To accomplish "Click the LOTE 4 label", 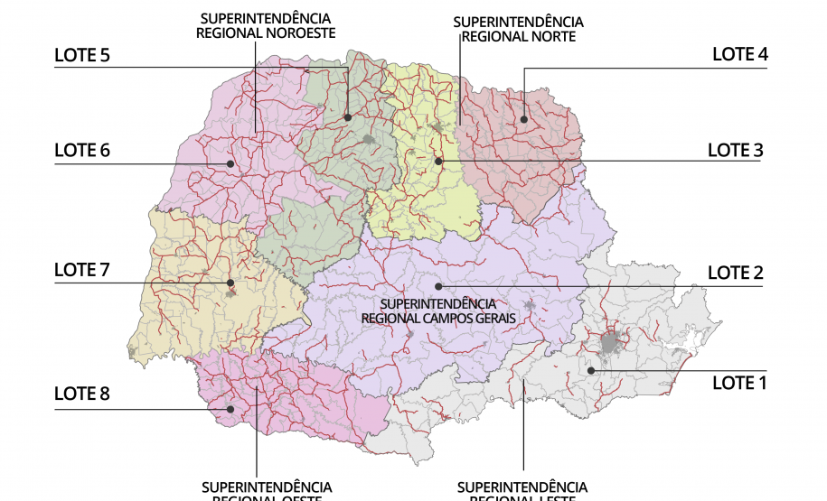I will click(x=739, y=54).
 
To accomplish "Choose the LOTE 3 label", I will click(x=735, y=150).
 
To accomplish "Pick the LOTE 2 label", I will click(x=735, y=273).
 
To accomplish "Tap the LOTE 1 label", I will click(x=738, y=383).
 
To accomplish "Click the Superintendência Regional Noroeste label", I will click(x=265, y=25).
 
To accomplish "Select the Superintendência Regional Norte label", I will click(x=518, y=29).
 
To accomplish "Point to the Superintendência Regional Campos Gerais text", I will click(x=438, y=311).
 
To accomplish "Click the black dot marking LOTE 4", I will click(x=523, y=119).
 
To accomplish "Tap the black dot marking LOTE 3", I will click(x=438, y=161).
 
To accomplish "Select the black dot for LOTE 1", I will click(x=590, y=370).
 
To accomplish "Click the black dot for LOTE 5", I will click(x=348, y=117).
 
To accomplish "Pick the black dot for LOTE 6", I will click(x=231, y=163).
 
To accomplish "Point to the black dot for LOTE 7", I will click(x=230, y=283).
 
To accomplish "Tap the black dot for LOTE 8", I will click(x=230, y=409).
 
